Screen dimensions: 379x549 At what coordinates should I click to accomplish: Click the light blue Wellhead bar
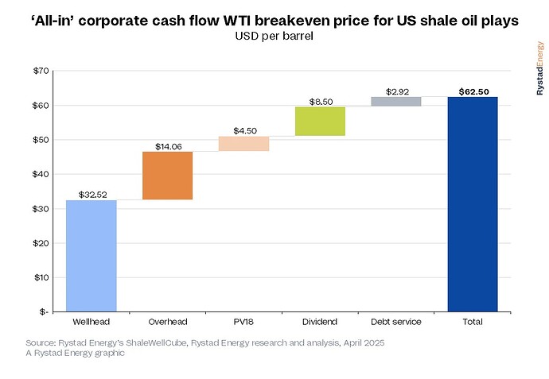(x=91, y=255)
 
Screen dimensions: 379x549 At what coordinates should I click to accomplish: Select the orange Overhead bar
(x=167, y=176)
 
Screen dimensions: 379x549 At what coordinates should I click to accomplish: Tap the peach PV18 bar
(x=243, y=144)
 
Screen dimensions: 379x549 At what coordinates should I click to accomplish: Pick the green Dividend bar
(x=320, y=122)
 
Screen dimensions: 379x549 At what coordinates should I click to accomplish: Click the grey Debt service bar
(x=396, y=101)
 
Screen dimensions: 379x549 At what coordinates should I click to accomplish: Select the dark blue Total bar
(x=473, y=203)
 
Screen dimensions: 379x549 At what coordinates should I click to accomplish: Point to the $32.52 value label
(x=91, y=195)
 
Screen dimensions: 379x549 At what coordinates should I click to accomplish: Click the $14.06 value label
(x=167, y=146)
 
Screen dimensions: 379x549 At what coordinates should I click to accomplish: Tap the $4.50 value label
(x=243, y=130)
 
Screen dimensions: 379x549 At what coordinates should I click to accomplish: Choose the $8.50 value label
(x=320, y=102)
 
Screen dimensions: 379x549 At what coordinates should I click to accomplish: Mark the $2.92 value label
(x=396, y=91)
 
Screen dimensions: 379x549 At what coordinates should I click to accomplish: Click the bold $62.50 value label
(x=473, y=91)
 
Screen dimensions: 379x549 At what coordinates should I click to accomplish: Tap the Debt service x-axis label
(x=396, y=322)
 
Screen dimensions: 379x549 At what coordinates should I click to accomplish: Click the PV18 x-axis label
(x=243, y=322)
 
